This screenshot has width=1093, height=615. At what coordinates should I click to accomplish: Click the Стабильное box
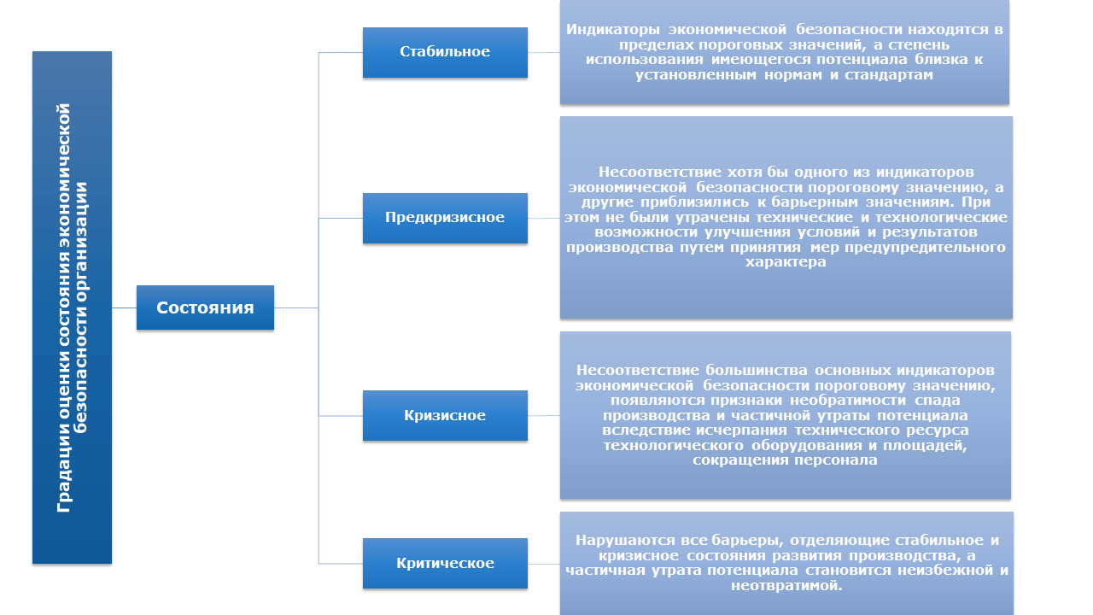coord(445,52)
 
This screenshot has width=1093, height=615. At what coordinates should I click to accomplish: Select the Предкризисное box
coord(445,218)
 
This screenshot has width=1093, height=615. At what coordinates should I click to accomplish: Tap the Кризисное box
coord(445,415)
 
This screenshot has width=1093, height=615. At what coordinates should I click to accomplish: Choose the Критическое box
coord(445,563)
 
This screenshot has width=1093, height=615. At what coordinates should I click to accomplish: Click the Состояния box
coord(205,307)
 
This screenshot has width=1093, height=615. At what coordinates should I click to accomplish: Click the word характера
coord(786,262)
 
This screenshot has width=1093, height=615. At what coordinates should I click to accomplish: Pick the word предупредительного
coord(925,248)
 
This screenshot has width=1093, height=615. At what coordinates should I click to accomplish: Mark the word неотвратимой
coord(786,585)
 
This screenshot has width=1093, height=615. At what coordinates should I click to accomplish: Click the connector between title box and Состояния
coord(124,308)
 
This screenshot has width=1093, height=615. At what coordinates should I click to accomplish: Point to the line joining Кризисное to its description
coord(544,415)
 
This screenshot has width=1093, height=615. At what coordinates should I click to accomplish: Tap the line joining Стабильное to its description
coord(544,52)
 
